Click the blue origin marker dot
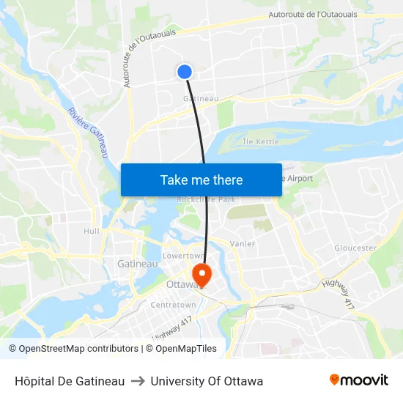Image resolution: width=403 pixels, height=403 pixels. pyautogui.click(x=185, y=71)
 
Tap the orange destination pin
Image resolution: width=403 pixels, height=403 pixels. pyautogui.click(x=201, y=275)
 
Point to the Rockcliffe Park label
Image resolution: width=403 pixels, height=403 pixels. pyautogui.click(x=206, y=199)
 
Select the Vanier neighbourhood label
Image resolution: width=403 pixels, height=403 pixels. pyautogui.click(x=242, y=243)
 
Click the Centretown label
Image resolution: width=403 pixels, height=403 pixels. pyautogui.click(x=173, y=305)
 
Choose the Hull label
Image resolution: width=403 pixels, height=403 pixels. pyautogui.click(x=92, y=231)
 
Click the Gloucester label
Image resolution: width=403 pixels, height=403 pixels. pyautogui.click(x=355, y=248)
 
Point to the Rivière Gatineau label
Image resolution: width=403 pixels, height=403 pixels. pyautogui.click(x=86, y=132)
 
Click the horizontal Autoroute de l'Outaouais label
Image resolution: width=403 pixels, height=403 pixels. pyautogui.click(x=313, y=14)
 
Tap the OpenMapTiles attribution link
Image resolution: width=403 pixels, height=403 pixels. pyautogui.click(x=186, y=349)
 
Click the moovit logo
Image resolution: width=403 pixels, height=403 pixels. pyautogui.click(x=358, y=380)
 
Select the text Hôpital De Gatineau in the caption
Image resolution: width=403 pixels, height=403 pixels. pyautogui.click(x=70, y=381)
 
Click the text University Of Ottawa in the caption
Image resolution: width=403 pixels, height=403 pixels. pyautogui.click(x=207, y=381)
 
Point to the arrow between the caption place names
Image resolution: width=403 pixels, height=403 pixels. pyautogui.click(x=138, y=381)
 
